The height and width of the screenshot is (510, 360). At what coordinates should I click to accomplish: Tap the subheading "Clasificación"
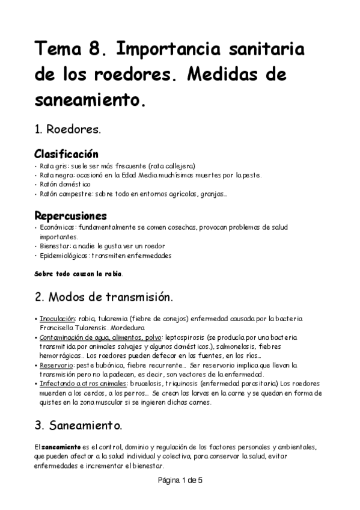(66, 154)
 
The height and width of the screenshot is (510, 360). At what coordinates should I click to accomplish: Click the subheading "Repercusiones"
(70, 215)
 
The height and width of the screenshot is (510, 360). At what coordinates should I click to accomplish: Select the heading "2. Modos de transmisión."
(103, 296)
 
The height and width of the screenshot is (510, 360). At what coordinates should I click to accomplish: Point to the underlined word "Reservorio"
(56, 365)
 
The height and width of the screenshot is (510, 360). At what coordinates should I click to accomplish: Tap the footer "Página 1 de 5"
(180, 481)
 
